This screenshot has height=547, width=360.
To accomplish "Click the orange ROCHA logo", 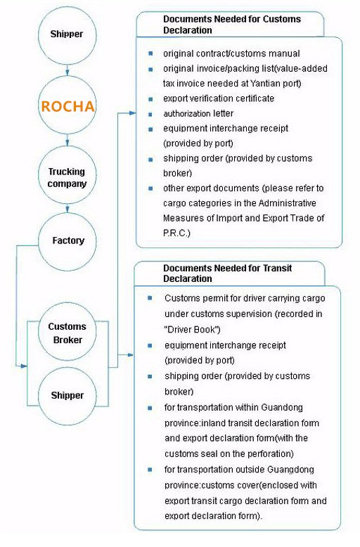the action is [67, 106].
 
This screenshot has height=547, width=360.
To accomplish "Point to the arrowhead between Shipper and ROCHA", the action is [67, 72].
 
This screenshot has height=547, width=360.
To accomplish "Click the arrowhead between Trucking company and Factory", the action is [67, 209].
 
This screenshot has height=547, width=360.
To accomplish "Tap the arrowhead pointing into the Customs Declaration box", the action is [132, 113].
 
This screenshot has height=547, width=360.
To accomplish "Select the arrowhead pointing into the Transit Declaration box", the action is [130, 355].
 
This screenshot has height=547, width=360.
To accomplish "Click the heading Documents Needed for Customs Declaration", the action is [232, 25].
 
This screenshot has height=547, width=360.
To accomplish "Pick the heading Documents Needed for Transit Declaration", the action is [227, 273].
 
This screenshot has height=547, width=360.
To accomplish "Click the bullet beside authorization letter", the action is [150, 114].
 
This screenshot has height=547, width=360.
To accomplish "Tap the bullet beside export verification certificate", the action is [150, 99].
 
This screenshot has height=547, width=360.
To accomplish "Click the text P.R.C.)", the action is [176, 233].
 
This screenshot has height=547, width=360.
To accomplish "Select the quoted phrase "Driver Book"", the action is [192, 329].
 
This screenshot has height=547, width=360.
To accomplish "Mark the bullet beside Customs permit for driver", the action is [150, 298].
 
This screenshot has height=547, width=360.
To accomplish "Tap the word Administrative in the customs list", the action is [288, 203].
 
